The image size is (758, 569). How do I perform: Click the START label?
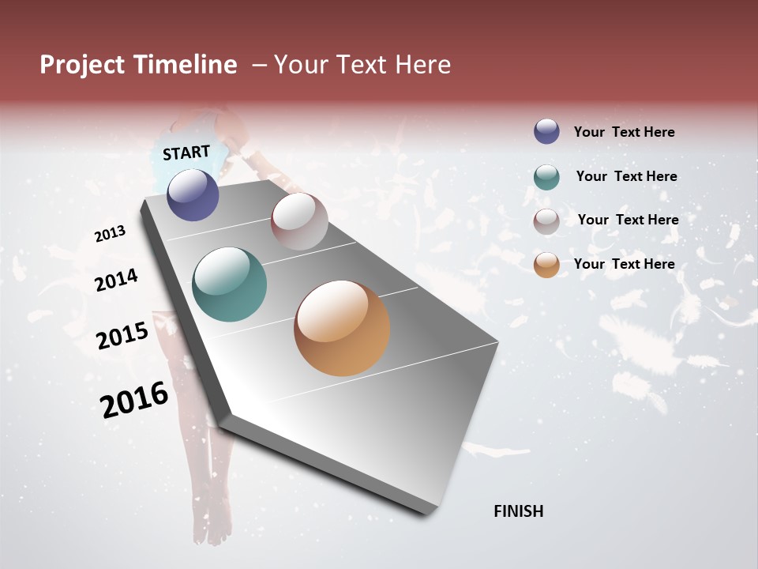click(x=186, y=153)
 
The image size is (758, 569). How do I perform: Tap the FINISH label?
click(x=518, y=511)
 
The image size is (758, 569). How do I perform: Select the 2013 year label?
click(x=110, y=234)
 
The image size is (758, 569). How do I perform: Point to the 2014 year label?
click(x=116, y=280)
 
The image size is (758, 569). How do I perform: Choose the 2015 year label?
click(x=122, y=336)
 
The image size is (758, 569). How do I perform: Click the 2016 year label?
click(x=134, y=399)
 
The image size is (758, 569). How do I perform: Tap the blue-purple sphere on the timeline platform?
click(x=193, y=194)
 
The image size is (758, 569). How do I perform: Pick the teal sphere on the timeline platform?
click(x=230, y=284)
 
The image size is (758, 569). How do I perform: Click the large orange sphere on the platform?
click(x=342, y=328)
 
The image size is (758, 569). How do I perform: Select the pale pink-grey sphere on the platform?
click(x=299, y=221)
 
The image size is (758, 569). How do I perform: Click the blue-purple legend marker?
click(x=546, y=131)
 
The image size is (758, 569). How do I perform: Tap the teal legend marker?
click(x=546, y=177)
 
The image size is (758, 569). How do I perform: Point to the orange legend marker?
click(x=546, y=265)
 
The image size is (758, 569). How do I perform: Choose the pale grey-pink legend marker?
click(x=546, y=221)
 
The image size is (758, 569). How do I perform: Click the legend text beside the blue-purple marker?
click(x=624, y=132)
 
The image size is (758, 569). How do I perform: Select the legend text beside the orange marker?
click(x=624, y=264)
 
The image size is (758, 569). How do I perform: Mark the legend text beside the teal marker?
click(x=626, y=176)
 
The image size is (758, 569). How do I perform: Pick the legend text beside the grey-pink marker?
click(x=628, y=220)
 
